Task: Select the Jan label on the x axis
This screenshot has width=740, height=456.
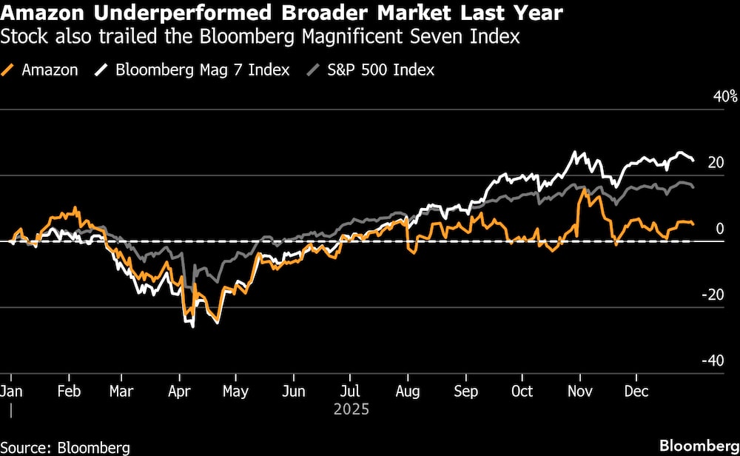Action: [11, 391]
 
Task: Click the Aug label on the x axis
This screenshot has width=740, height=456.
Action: [407, 391]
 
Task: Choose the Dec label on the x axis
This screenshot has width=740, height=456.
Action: [636, 391]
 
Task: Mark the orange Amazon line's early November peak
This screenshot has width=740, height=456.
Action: [585, 190]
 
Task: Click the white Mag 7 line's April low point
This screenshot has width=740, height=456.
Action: [193, 326]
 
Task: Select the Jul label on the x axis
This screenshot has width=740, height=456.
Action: [350, 391]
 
